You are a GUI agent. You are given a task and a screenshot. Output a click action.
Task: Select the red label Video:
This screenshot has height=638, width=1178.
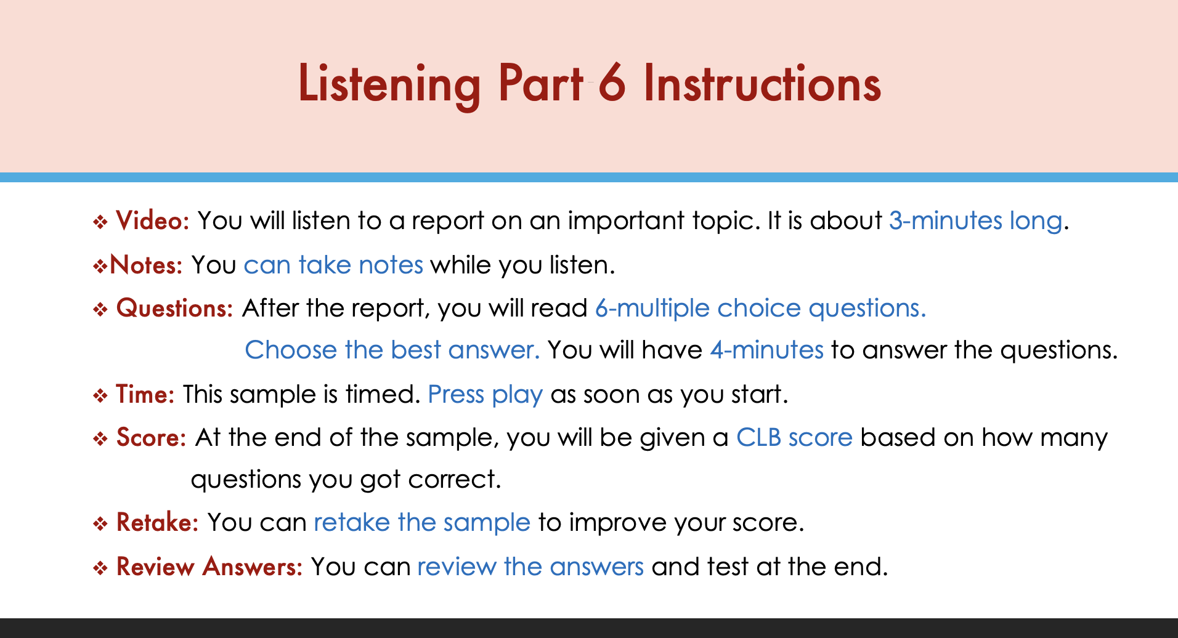click(x=152, y=220)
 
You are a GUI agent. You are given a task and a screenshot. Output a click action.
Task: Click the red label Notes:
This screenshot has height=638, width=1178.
click(x=146, y=265)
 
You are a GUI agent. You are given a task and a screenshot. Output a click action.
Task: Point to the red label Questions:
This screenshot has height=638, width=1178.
click(x=174, y=309)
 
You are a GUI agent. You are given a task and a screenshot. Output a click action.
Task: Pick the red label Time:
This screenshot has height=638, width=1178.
click(x=145, y=394)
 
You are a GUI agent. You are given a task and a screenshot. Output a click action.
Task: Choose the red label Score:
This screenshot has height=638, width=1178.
click(x=151, y=437)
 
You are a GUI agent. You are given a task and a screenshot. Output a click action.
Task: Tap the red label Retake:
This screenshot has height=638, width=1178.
click(x=157, y=522)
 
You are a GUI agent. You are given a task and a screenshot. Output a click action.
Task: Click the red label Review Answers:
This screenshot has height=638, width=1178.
click(x=209, y=567)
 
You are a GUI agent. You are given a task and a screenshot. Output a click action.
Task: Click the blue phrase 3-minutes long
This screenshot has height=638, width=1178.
click(x=976, y=221)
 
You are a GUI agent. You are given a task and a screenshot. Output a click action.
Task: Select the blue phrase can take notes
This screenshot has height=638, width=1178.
click(x=333, y=265)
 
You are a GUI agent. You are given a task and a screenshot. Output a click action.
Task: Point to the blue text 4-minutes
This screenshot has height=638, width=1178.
click(x=766, y=350)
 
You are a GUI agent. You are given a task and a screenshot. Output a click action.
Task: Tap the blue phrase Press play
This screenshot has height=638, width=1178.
click(x=485, y=395)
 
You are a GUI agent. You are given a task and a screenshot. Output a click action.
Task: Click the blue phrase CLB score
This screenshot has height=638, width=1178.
click(x=794, y=437)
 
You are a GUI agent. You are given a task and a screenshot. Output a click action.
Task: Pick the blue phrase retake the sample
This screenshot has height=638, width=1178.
click(x=422, y=522)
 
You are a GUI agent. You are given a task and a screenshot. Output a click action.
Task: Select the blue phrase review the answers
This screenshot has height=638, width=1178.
click(x=530, y=567)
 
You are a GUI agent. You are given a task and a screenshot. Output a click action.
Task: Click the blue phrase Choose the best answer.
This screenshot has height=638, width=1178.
click(x=392, y=350)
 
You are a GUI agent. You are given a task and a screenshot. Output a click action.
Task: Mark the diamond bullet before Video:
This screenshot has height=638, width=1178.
click(x=100, y=222)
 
